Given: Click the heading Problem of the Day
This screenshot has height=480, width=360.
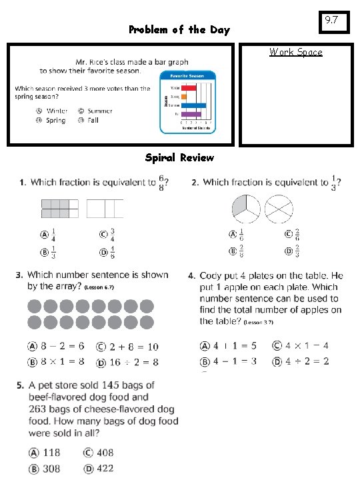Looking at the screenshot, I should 179,30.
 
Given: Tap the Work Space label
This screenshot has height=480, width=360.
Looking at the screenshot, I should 295,52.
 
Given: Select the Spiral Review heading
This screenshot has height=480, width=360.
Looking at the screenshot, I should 179,158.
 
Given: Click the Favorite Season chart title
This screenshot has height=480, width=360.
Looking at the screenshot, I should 186,76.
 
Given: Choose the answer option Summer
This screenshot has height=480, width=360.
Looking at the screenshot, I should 99,111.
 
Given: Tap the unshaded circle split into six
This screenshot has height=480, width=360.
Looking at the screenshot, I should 278,209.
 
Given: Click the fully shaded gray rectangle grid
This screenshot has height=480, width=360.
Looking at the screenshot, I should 60,209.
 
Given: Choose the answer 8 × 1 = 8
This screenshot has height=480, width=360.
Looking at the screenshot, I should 61,361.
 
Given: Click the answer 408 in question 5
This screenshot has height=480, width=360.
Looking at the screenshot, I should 104,453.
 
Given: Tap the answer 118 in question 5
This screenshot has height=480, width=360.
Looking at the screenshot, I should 51,453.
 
